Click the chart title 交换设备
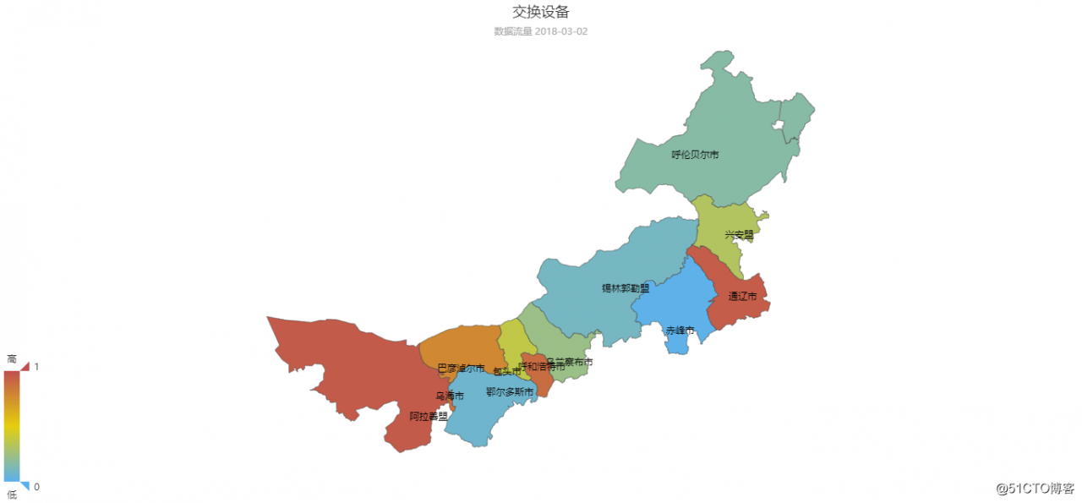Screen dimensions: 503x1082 (x=540, y=12)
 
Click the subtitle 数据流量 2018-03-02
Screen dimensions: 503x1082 (x=540, y=31)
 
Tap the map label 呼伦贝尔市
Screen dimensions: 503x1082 (x=695, y=155)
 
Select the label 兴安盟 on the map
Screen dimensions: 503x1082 (x=739, y=235)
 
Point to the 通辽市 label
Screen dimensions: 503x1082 (x=742, y=297)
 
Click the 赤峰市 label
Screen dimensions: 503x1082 (x=680, y=331)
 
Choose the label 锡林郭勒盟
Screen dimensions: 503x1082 (x=626, y=288)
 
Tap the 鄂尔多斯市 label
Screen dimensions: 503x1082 (x=510, y=392)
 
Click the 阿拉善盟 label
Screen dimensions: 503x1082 (x=429, y=416)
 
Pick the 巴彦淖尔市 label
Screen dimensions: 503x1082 (x=462, y=369)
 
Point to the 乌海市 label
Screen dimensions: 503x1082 (x=450, y=396)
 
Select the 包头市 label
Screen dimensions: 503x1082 (x=507, y=372)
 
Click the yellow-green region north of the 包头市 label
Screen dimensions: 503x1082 (x=512, y=342)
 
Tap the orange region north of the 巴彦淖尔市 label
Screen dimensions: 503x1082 (x=461, y=345)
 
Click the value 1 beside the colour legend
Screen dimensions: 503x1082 (x=36, y=367)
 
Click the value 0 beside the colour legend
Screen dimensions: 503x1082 (x=36, y=486)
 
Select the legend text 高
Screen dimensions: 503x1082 (x=12, y=359)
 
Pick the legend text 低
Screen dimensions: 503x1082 (x=12, y=495)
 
